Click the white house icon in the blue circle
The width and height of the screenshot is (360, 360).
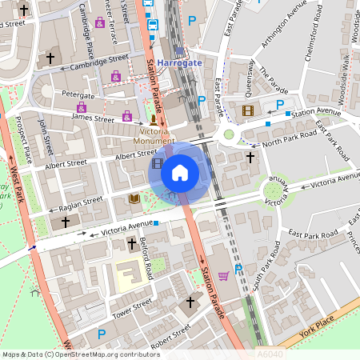point(180,171)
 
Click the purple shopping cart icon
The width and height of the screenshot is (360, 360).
point(223,276)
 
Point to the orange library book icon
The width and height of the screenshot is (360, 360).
point(134,198)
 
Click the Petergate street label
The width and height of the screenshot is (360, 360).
point(78,94)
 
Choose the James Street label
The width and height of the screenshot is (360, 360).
point(93,118)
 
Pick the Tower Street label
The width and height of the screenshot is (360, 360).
point(131,310)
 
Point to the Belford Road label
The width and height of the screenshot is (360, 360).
point(145,259)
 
